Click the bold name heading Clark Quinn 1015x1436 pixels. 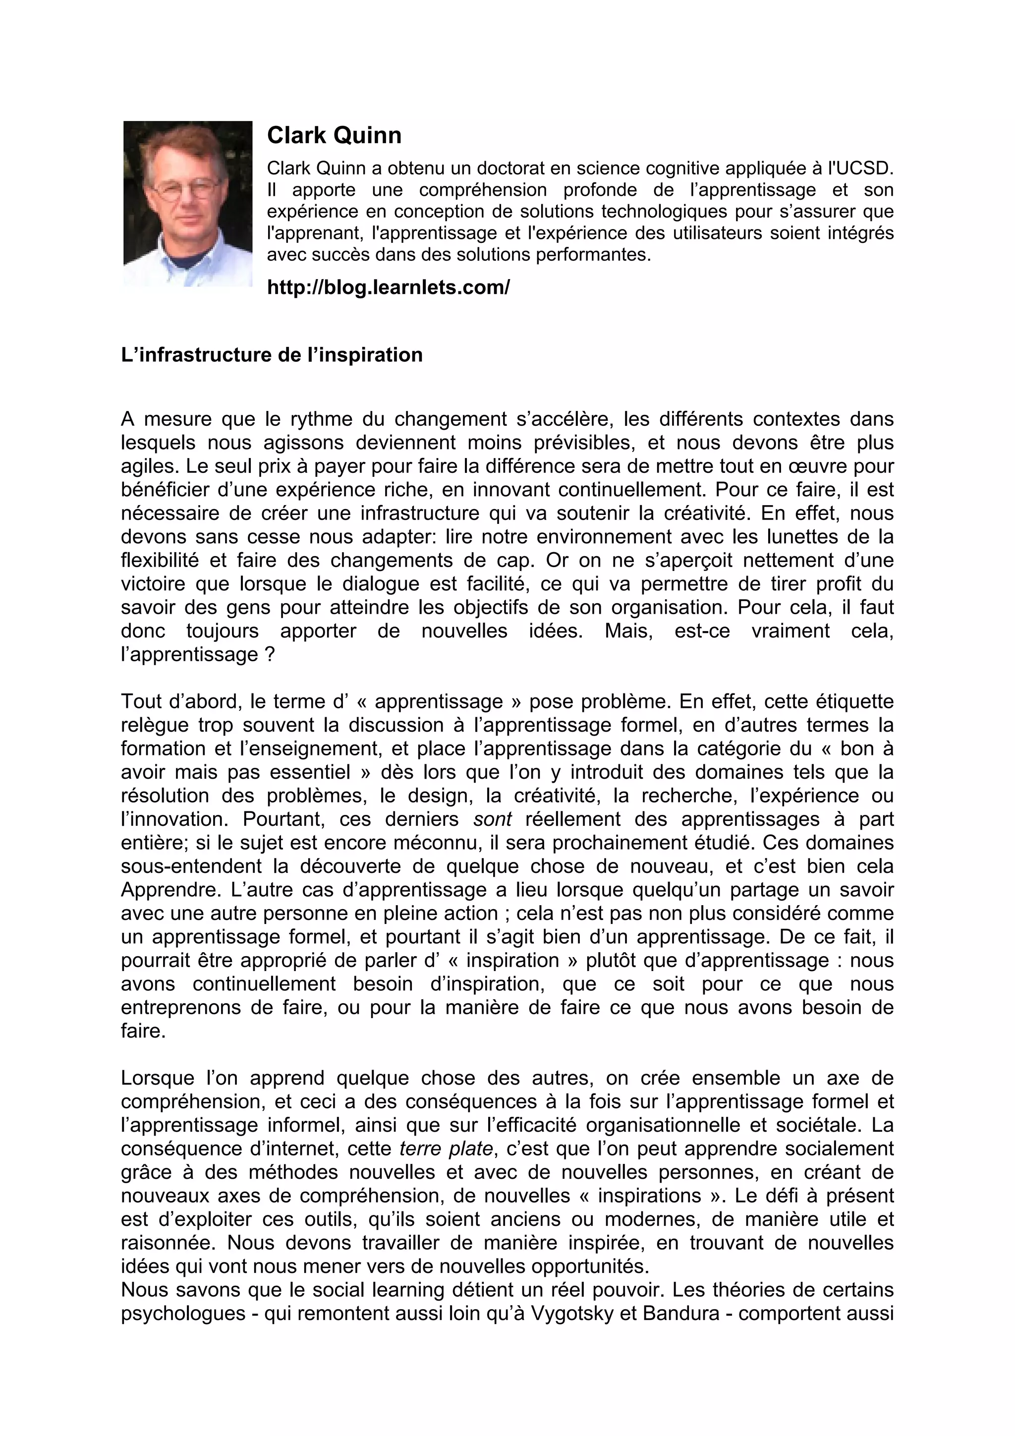tap(334, 136)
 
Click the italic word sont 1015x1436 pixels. tap(493, 819)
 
